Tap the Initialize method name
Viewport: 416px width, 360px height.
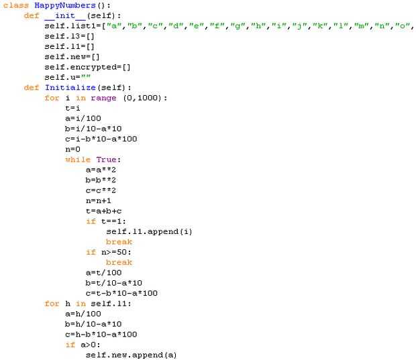[x=70, y=87]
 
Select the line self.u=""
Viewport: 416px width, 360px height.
[x=68, y=77]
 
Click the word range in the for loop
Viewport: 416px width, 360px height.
[x=103, y=98]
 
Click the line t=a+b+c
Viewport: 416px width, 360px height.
[x=103, y=211]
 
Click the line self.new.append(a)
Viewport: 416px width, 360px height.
[x=131, y=355]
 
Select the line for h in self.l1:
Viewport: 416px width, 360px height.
[x=88, y=303]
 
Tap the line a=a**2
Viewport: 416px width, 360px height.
[x=101, y=170]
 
